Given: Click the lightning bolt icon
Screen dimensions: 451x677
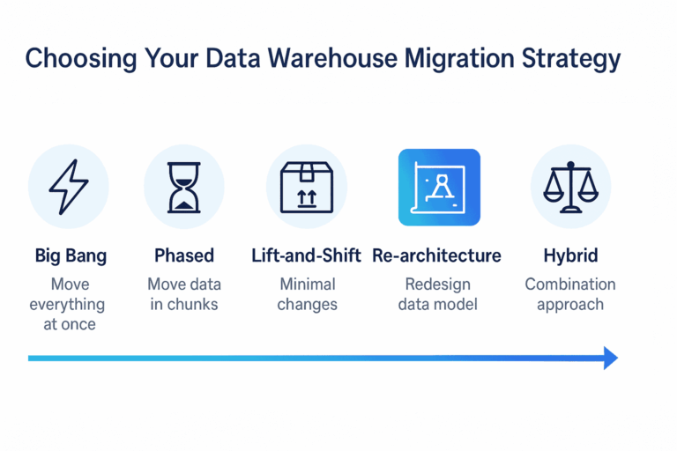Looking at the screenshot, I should [x=68, y=187].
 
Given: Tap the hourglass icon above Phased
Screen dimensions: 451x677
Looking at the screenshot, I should [x=183, y=187].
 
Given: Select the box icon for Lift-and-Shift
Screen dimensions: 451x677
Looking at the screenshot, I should [x=306, y=187].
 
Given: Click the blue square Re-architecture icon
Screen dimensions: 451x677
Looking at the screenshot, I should [x=439, y=187].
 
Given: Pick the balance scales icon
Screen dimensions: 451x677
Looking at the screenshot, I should [x=570, y=187].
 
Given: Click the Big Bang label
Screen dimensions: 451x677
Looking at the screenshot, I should [x=71, y=255].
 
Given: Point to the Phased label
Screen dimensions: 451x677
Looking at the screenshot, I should [x=184, y=255].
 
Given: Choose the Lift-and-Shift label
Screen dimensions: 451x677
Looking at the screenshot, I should [x=307, y=255].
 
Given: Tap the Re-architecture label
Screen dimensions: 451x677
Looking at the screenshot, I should [x=436, y=255].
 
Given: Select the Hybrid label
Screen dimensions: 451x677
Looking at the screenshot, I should [x=570, y=255].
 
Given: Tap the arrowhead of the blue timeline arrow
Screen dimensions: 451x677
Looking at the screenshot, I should [x=610, y=358].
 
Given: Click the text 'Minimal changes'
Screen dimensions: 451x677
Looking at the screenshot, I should [x=307, y=294].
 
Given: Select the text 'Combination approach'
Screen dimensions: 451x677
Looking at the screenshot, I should [x=570, y=294].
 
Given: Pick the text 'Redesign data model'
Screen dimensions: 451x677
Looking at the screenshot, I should [x=438, y=294].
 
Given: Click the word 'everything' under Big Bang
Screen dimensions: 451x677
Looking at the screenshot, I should [x=67, y=305].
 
